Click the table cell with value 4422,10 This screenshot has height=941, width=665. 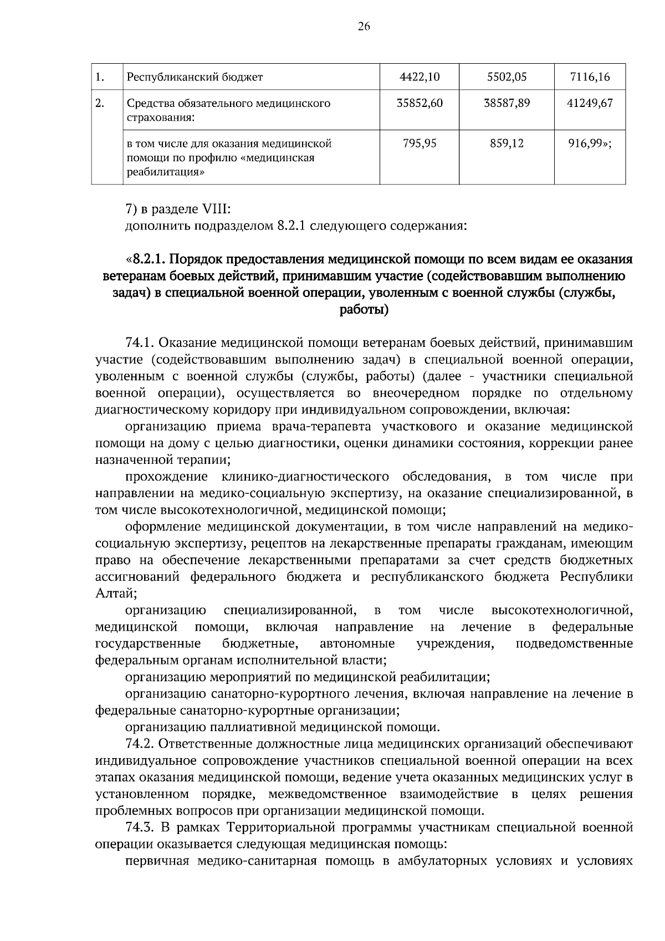pos(419,77)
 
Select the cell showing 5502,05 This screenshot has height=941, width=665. pos(506,77)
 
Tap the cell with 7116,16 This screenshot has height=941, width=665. pos(590,77)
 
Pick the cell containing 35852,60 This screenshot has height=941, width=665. pos(420,103)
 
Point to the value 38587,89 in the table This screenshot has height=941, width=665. pos(506,103)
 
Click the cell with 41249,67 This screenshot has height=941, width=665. pos(590,103)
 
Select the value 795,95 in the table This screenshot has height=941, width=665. pos(420,144)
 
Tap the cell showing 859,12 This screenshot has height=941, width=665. pos(507,144)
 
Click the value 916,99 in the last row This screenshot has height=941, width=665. pos(587,144)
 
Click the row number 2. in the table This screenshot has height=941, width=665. pos(100,103)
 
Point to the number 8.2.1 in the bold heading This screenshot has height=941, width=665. pos(150,259)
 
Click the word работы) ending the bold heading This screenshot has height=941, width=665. pos(363,309)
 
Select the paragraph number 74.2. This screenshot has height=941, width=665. pos(144,744)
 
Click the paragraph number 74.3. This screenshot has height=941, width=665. pos(144,827)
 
